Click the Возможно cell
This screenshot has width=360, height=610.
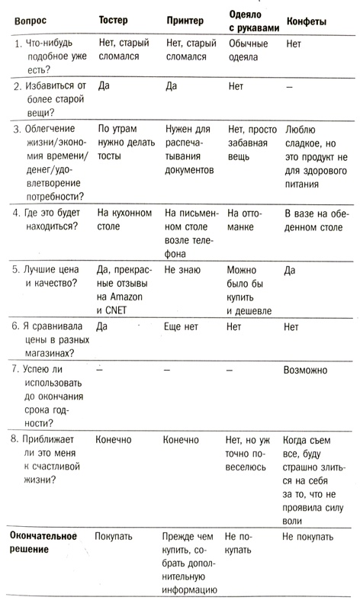305,371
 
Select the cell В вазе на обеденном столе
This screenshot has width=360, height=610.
313,220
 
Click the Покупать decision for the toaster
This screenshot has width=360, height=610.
115,536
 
